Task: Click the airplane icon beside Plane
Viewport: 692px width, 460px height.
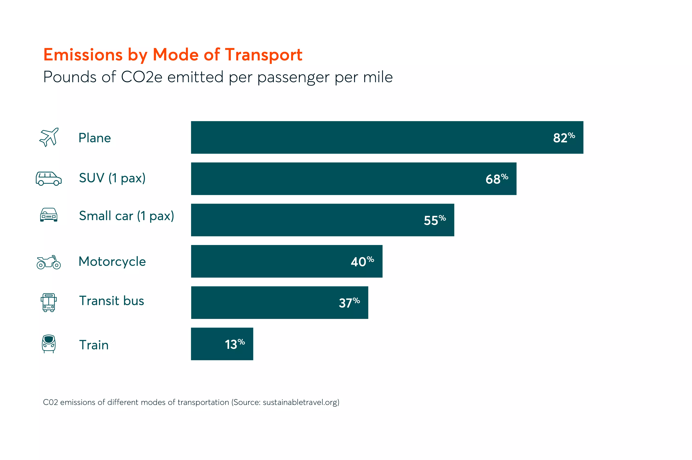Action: point(49,137)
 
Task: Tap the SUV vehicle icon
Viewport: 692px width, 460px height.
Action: point(49,178)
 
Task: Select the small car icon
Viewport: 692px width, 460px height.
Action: point(49,215)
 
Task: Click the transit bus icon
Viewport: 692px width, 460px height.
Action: point(49,302)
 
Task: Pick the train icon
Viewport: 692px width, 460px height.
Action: point(49,344)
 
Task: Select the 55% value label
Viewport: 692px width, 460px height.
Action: point(435,220)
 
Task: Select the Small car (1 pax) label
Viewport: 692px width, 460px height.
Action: point(126,216)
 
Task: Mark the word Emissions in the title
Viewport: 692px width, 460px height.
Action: point(83,55)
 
